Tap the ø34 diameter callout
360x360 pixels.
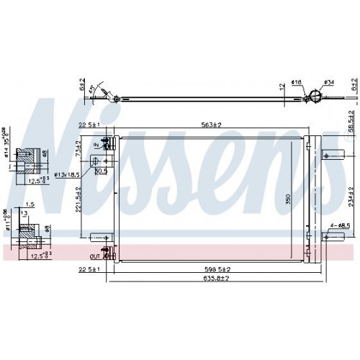(328, 82)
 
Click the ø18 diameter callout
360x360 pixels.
(297, 83)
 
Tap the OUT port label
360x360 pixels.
(94, 256)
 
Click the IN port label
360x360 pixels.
(96, 144)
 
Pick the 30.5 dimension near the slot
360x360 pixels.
(102, 172)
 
